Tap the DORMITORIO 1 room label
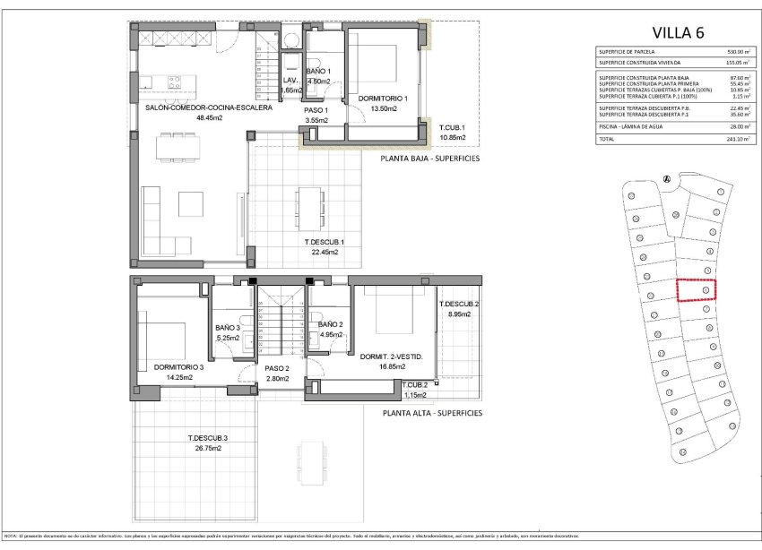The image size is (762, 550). [377, 99]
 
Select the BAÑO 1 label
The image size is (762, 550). [318, 72]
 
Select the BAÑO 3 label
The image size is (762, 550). [228, 328]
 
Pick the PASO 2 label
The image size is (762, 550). [276, 368]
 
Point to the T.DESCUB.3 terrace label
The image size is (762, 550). [207, 438]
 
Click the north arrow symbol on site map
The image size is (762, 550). [666, 178]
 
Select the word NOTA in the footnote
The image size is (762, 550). [11, 535]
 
